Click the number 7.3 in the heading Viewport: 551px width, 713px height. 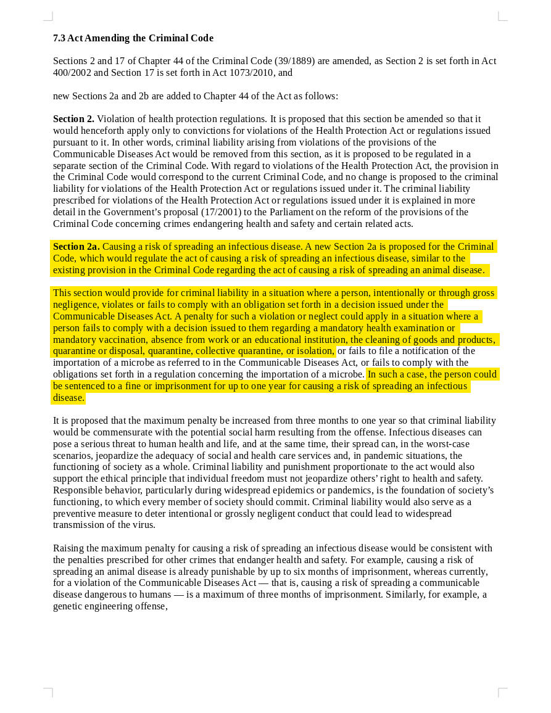59,38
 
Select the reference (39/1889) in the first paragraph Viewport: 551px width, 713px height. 295,61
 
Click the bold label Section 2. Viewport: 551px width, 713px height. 73,119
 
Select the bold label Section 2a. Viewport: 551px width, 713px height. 76,247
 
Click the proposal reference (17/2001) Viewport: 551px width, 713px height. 222,212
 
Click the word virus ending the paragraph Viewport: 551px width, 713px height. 143,525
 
